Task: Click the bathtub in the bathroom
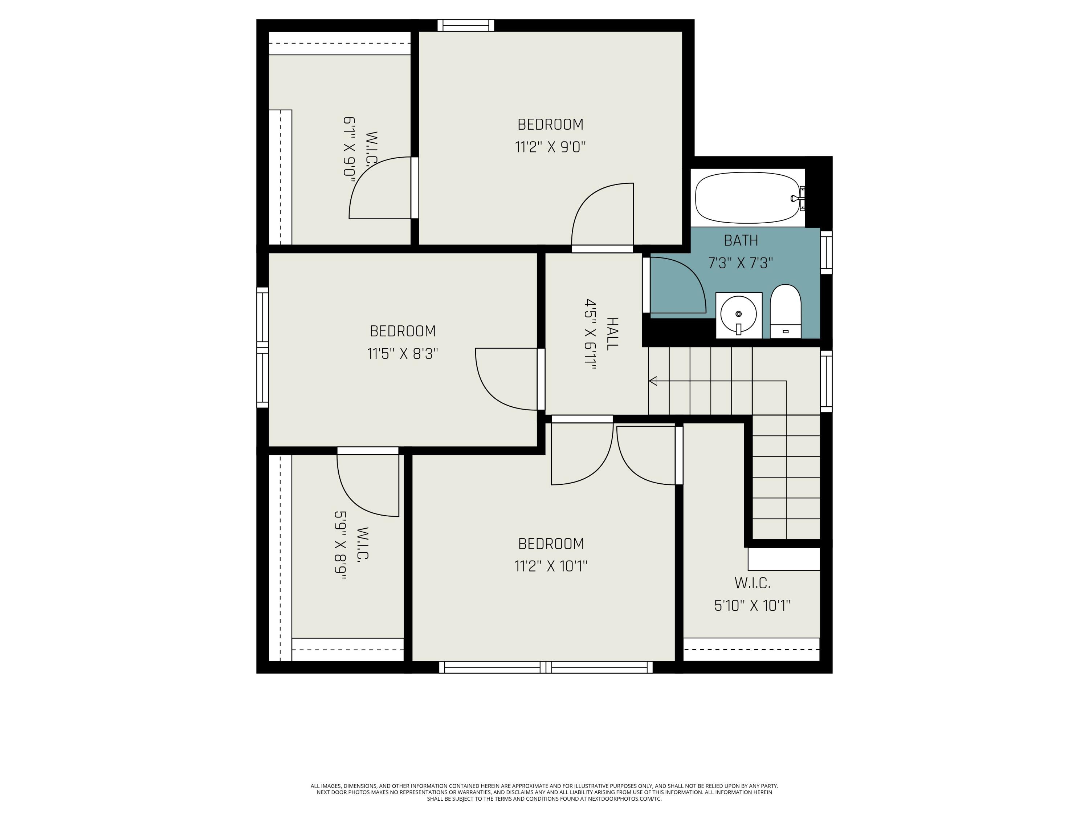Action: pyautogui.click(x=747, y=198)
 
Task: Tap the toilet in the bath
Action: pyautogui.click(x=786, y=311)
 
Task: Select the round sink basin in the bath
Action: pyautogui.click(x=738, y=314)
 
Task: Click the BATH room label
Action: pyautogui.click(x=741, y=240)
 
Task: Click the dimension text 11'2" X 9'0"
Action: pyautogui.click(x=550, y=147)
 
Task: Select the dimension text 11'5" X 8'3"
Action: pyautogui.click(x=403, y=354)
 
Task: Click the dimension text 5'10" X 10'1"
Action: pyautogui.click(x=752, y=605)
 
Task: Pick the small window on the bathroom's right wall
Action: pyautogui.click(x=826, y=253)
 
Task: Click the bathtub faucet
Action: pyautogui.click(x=798, y=198)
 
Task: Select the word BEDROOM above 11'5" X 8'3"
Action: pyautogui.click(x=403, y=331)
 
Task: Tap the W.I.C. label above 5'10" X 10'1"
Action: pyautogui.click(x=752, y=583)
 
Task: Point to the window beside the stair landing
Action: pyautogui.click(x=826, y=381)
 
